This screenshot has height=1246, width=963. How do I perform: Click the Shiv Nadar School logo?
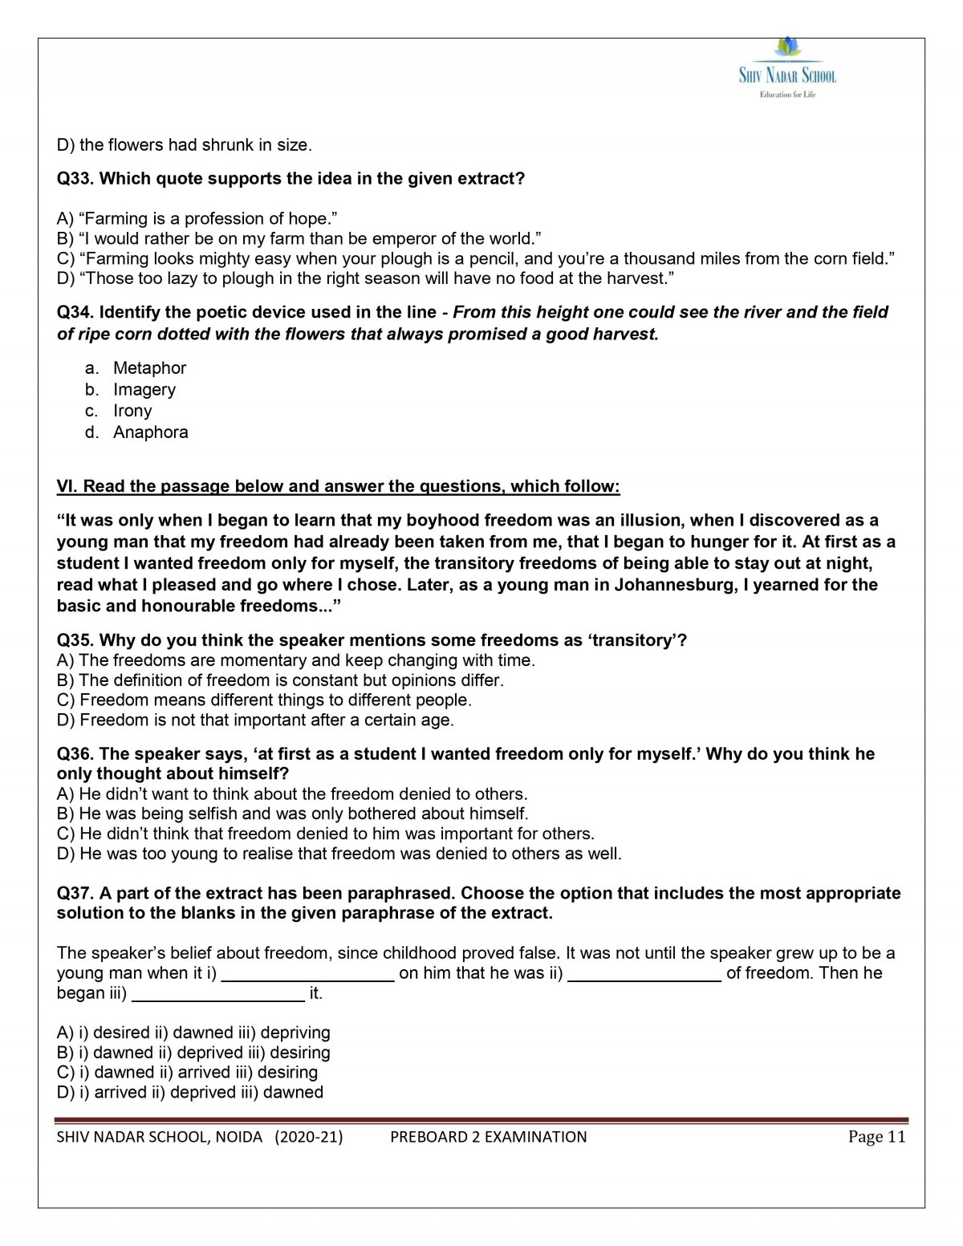[x=787, y=68]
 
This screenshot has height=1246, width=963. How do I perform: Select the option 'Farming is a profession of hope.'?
[x=197, y=219]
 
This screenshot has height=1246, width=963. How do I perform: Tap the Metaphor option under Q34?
[x=149, y=368]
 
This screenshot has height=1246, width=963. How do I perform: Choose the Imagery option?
[x=144, y=390]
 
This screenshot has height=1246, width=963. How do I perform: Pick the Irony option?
[x=132, y=411]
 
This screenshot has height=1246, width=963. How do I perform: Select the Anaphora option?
[x=150, y=432]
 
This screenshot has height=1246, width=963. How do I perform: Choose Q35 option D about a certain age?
[x=255, y=720]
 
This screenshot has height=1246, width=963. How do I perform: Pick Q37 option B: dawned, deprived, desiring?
[x=193, y=1053]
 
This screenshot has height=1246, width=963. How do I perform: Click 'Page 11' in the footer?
[x=876, y=1137]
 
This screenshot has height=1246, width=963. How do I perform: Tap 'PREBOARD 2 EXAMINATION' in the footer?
[x=488, y=1137]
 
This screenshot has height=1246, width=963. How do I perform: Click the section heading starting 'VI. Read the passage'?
[x=338, y=487]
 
